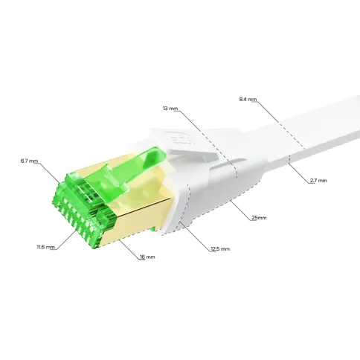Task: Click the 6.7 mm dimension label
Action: pyautogui.click(x=29, y=161)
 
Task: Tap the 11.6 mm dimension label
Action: pyautogui.click(x=45, y=247)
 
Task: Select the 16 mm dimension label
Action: pyautogui.click(x=147, y=257)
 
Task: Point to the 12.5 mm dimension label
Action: pyautogui.click(x=220, y=248)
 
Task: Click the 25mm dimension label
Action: pyautogui.click(x=259, y=218)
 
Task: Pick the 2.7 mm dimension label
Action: pyautogui.click(x=319, y=181)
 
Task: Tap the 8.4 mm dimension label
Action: pyautogui.click(x=248, y=100)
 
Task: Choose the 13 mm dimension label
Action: pyautogui.click(x=170, y=109)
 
